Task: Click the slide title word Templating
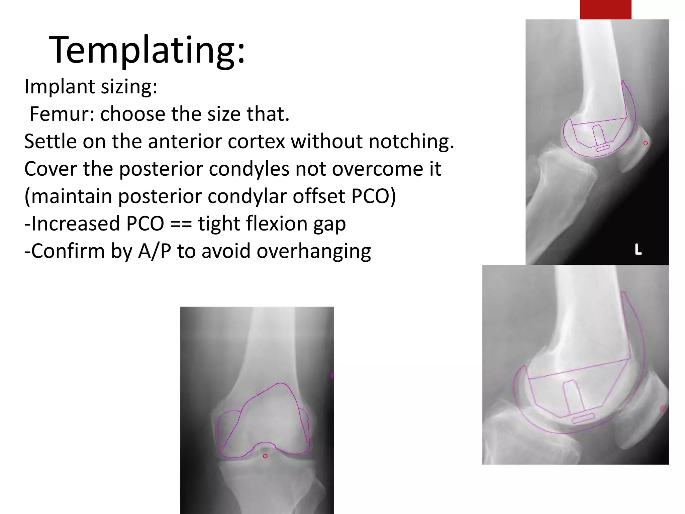point(147,50)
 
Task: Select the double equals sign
point(181,224)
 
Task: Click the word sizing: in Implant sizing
point(129,87)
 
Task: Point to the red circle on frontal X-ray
point(265,456)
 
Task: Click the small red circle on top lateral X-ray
point(646,143)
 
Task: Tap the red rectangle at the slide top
point(605,9)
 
